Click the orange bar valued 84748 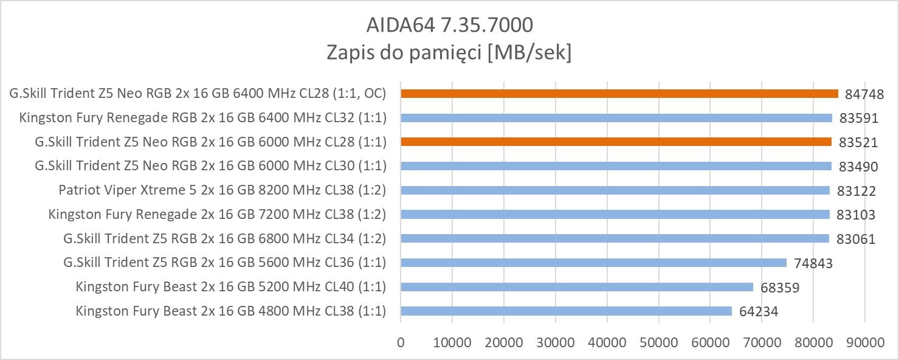point(619,94)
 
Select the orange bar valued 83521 point(616,142)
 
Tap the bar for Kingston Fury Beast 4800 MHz point(566,311)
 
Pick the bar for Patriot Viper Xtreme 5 point(615,190)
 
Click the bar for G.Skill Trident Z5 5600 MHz point(593,263)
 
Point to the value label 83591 point(858,119)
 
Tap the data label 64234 point(759,312)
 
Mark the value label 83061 point(856,239)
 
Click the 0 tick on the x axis point(401,342)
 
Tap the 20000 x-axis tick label point(504,342)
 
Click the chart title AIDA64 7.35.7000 point(449,25)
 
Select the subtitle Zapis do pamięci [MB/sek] point(449,53)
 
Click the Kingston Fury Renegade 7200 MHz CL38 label point(217,214)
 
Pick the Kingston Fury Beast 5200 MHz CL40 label point(231,287)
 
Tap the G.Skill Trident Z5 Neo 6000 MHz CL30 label point(210,166)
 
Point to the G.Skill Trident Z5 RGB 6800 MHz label point(224,238)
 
